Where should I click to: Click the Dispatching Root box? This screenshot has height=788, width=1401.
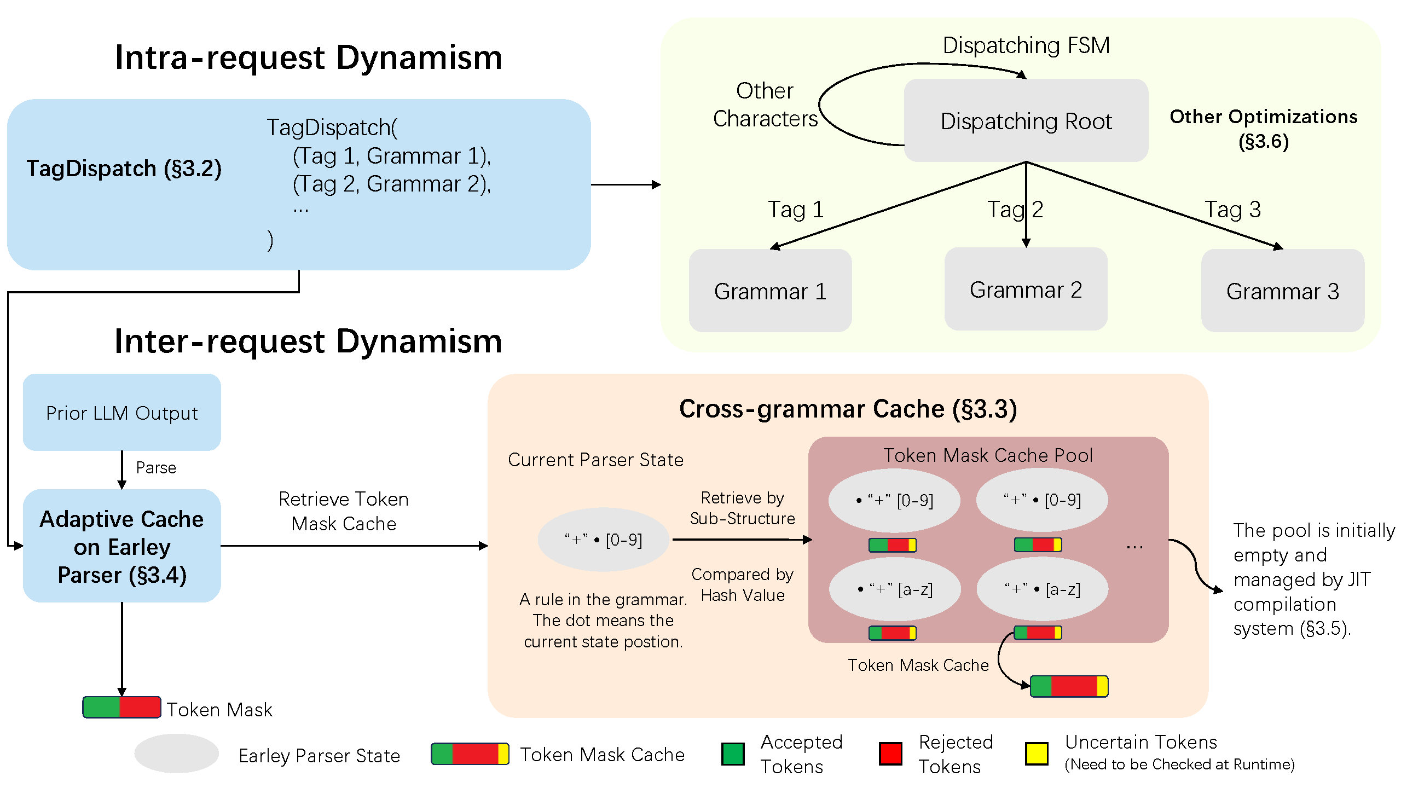1026,121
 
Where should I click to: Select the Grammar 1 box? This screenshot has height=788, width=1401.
770,291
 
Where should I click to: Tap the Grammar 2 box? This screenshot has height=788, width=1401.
1026,289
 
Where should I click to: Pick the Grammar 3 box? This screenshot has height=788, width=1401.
1282,291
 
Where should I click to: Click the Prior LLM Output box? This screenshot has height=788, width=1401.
121,413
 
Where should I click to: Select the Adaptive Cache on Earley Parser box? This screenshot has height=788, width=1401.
121,546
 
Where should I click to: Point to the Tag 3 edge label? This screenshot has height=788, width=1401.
1232,210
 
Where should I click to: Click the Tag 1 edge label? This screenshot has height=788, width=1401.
796,210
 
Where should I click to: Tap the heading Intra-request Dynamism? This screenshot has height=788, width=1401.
308,57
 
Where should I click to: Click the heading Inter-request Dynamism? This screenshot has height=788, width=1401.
308,341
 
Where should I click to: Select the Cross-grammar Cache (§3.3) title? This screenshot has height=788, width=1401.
848,409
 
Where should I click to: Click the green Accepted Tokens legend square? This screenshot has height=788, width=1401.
733,754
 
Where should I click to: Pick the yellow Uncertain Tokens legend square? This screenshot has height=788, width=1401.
1037,754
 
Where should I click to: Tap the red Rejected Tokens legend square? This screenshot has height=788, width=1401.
890,754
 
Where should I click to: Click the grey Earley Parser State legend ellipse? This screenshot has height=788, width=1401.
176,754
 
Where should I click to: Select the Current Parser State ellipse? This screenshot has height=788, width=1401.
603,540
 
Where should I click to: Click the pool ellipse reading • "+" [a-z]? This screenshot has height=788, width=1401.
895,589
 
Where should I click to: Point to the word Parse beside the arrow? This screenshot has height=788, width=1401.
156,468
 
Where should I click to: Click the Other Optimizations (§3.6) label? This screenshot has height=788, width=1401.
1263,129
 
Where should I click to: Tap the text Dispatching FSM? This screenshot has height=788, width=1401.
1026,45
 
